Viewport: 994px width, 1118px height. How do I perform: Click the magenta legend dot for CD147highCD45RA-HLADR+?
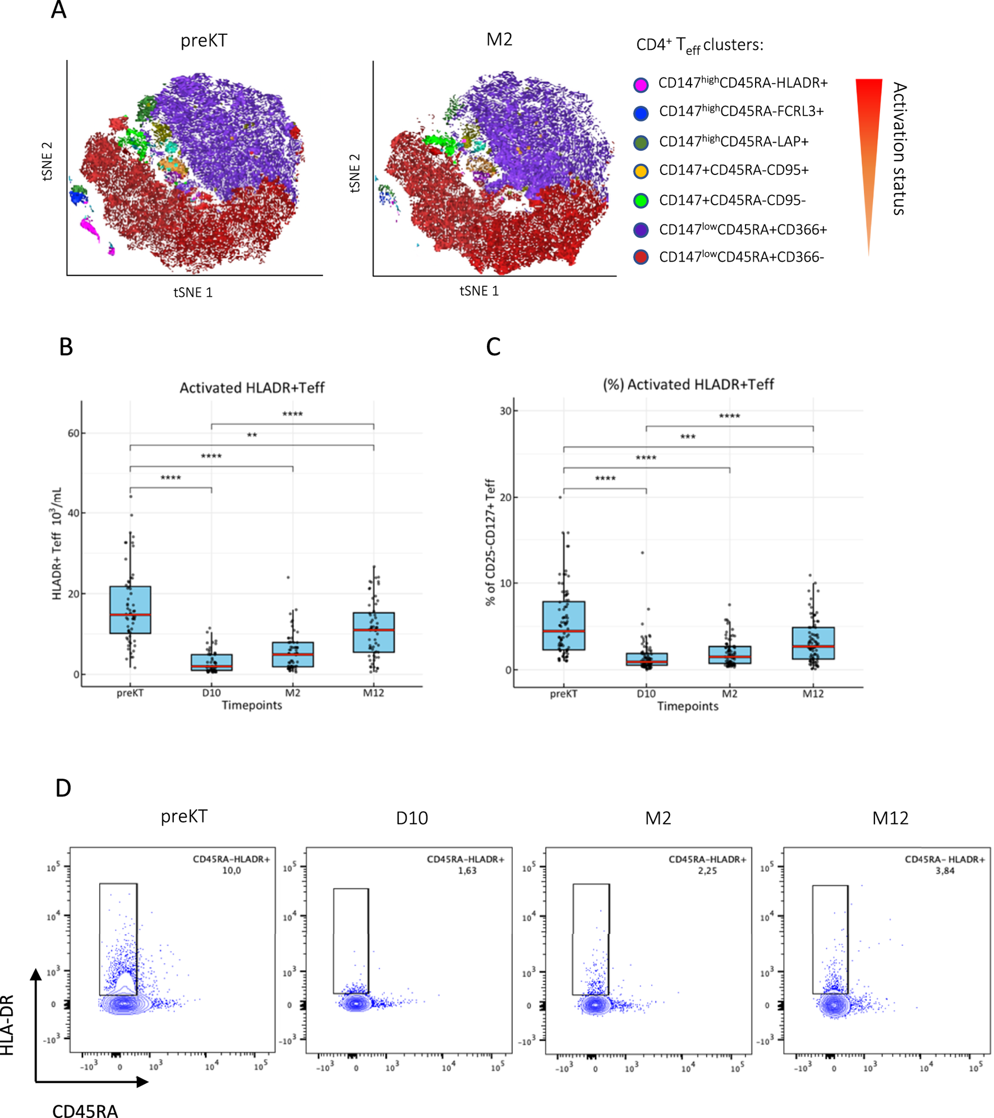coord(640,85)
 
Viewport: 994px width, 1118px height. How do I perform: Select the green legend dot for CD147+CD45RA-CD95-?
coord(640,200)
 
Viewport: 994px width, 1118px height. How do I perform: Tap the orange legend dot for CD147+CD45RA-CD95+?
coord(640,171)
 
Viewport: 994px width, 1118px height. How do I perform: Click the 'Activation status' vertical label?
coord(899,149)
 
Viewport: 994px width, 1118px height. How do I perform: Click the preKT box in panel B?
coord(130,609)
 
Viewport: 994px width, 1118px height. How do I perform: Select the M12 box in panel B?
coord(373,632)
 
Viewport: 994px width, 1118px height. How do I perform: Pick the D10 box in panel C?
coord(646,659)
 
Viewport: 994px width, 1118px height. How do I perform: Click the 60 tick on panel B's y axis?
coord(73,433)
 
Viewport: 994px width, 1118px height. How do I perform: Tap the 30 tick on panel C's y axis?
coord(505,411)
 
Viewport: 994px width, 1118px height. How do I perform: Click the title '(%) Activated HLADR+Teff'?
coord(688,384)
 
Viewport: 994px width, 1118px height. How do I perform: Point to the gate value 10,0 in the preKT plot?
coord(231,871)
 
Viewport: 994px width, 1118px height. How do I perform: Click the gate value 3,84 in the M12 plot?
coord(945,871)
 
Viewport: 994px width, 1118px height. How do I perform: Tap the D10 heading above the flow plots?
coord(412,818)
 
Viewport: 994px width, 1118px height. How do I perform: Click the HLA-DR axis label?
coord(7,1024)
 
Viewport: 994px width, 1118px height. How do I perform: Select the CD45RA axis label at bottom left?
coord(85,1111)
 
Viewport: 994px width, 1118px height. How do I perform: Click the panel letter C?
coord(493,347)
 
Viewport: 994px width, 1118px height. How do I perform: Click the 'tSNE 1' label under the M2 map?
coord(478,291)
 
